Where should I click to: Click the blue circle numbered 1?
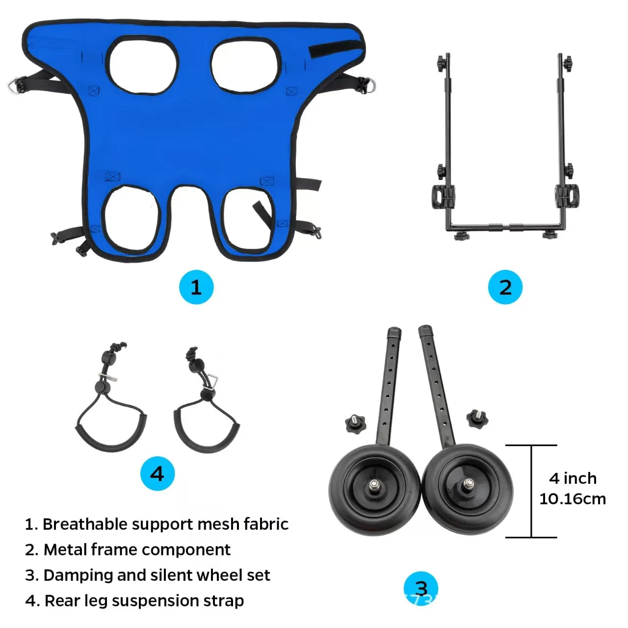196,287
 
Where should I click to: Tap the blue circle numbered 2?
505,287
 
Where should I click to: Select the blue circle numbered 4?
157,473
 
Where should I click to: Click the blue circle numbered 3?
421,588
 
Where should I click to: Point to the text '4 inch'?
573,478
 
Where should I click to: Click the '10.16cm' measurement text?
572,499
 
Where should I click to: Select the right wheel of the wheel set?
468,489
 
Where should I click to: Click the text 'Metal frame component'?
137,549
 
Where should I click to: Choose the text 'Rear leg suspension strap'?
144,601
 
